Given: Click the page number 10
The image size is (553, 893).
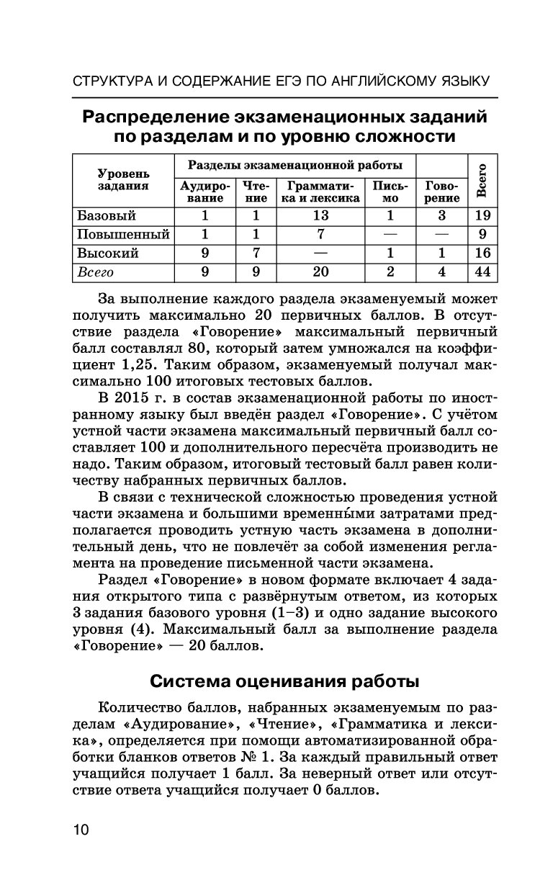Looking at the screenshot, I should point(80,830).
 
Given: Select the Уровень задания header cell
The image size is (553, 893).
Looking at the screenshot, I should point(123,179).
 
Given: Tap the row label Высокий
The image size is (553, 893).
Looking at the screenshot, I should point(107,253).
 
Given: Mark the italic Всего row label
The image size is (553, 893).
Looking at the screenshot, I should point(96,272).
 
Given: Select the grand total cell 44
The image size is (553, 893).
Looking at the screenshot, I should point(482,272).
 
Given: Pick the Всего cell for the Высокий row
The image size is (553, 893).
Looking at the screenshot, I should point(482,253).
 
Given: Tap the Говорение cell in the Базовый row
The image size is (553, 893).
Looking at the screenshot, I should point(441,215).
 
